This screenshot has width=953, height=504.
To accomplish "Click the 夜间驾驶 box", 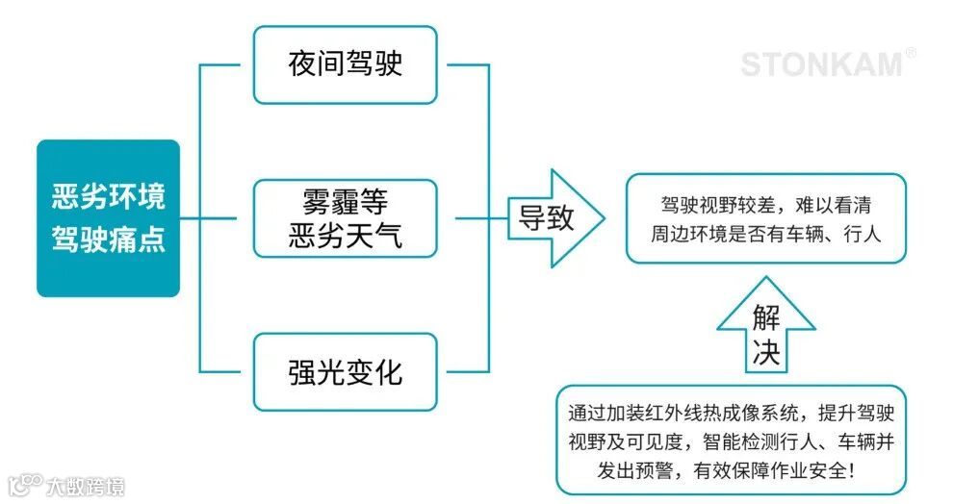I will pos(345,64).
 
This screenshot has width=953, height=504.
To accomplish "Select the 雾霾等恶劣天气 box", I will pos(345,218).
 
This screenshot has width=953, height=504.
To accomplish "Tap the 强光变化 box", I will pos(345,372).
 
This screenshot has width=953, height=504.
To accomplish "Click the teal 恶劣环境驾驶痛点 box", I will pos(108,218).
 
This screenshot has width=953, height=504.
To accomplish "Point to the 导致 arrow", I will pos(551,218).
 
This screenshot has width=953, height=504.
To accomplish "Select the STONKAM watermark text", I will pos(821,64).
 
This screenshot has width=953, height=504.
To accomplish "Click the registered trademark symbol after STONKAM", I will pos(911,54).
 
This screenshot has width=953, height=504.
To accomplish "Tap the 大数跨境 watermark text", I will pos(86,486).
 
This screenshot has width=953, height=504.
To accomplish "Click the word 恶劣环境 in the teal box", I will pos(108,197).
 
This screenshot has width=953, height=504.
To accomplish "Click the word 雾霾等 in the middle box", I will pos(345,201).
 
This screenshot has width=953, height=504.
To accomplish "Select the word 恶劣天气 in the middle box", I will pos(345,236).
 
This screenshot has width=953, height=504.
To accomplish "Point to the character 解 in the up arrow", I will pos(765,318).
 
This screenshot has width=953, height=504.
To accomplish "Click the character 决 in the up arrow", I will pos(765,352).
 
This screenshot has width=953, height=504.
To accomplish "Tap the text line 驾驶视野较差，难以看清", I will pos(766,206).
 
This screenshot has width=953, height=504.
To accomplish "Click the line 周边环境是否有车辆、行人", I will pos(766,234).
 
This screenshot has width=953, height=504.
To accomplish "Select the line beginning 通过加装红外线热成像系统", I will pos(732,414).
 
